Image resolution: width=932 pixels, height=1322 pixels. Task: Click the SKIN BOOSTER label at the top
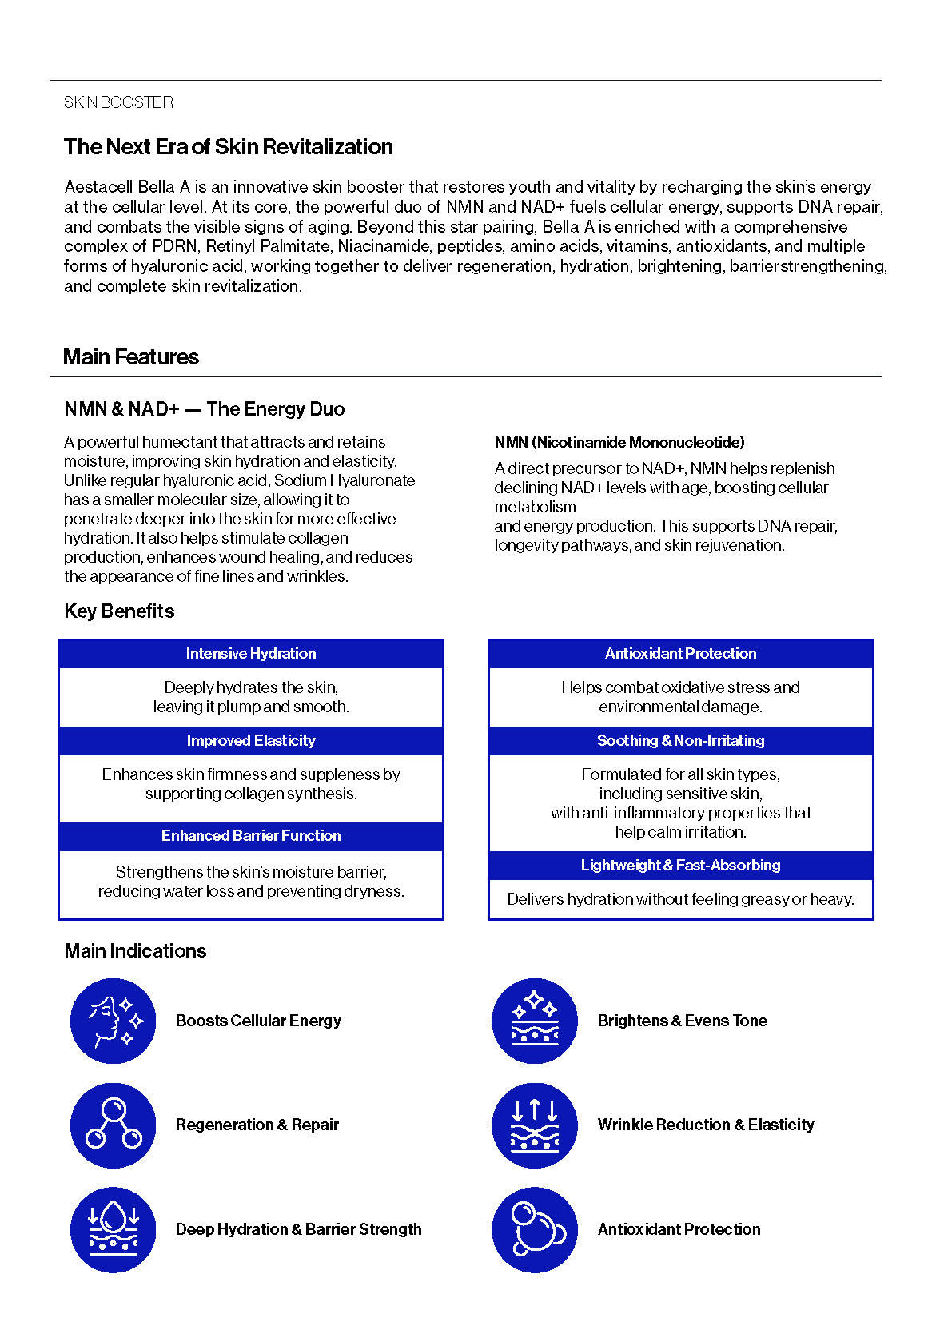[118, 102]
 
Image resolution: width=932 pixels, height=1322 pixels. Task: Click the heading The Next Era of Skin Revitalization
[229, 147]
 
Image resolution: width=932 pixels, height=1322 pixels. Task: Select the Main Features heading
[131, 357]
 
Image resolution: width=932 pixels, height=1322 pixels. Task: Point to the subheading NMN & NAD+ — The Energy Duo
[205, 409]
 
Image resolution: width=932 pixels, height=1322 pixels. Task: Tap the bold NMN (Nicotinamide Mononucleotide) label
[619, 443]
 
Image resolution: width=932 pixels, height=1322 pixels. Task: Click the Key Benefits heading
[119, 611]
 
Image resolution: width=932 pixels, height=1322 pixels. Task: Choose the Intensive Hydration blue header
[251, 654]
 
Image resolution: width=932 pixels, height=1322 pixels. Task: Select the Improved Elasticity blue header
[251, 741]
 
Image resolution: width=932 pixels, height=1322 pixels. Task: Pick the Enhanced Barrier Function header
[251, 836]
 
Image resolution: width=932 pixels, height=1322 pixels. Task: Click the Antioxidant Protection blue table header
[680, 654]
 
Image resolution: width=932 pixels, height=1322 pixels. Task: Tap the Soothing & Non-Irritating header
[680, 741]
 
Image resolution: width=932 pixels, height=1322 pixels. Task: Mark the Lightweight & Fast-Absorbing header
[680, 866]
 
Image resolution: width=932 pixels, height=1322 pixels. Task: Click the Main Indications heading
[135, 951]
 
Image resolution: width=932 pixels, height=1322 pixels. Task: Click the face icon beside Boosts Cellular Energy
[114, 1021]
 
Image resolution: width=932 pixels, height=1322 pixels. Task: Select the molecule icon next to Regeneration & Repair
[114, 1125]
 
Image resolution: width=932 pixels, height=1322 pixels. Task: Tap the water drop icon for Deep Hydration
[114, 1229]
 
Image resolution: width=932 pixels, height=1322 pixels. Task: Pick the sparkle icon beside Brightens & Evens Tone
[535, 1021]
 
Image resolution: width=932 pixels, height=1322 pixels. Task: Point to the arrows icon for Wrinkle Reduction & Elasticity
[535, 1125]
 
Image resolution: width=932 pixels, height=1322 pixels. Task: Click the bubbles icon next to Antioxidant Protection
[535, 1229]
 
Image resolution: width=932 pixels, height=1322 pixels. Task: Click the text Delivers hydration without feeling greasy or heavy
[680, 900]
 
